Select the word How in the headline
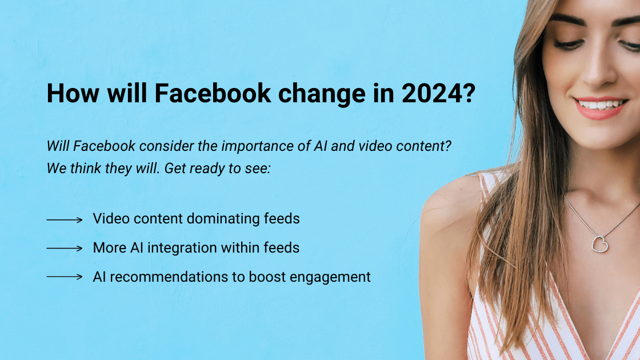(70, 94)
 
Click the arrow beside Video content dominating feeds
(65, 219)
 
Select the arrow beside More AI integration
(65, 249)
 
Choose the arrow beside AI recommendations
(65, 277)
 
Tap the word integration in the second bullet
(195, 248)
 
